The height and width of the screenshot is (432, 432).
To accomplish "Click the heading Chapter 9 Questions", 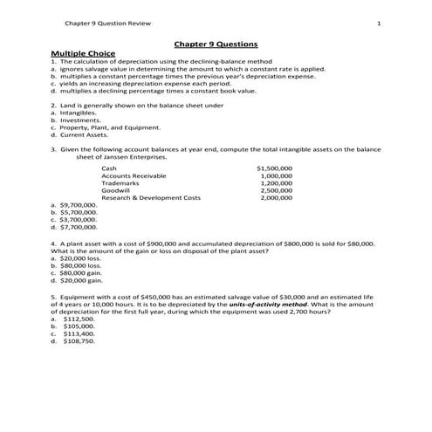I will (216, 44).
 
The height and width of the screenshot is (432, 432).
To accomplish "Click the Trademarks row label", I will (120, 182).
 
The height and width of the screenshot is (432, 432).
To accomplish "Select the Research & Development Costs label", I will (150, 198).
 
